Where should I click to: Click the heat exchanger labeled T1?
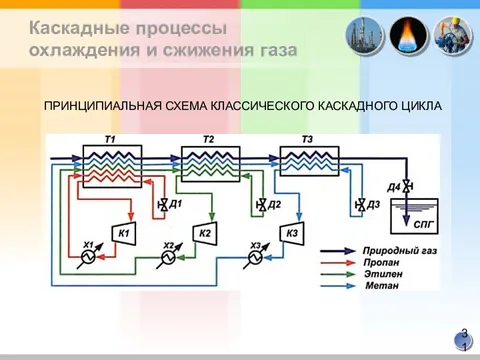point(110,162)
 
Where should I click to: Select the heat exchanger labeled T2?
point(207,162)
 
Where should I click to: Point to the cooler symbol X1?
point(88,257)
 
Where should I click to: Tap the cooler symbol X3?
point(256,257)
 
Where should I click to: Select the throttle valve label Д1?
point(176,205)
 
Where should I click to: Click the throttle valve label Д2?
point(275,205)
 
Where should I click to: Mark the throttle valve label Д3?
point(373,205)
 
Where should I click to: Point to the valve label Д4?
point(394,187)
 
